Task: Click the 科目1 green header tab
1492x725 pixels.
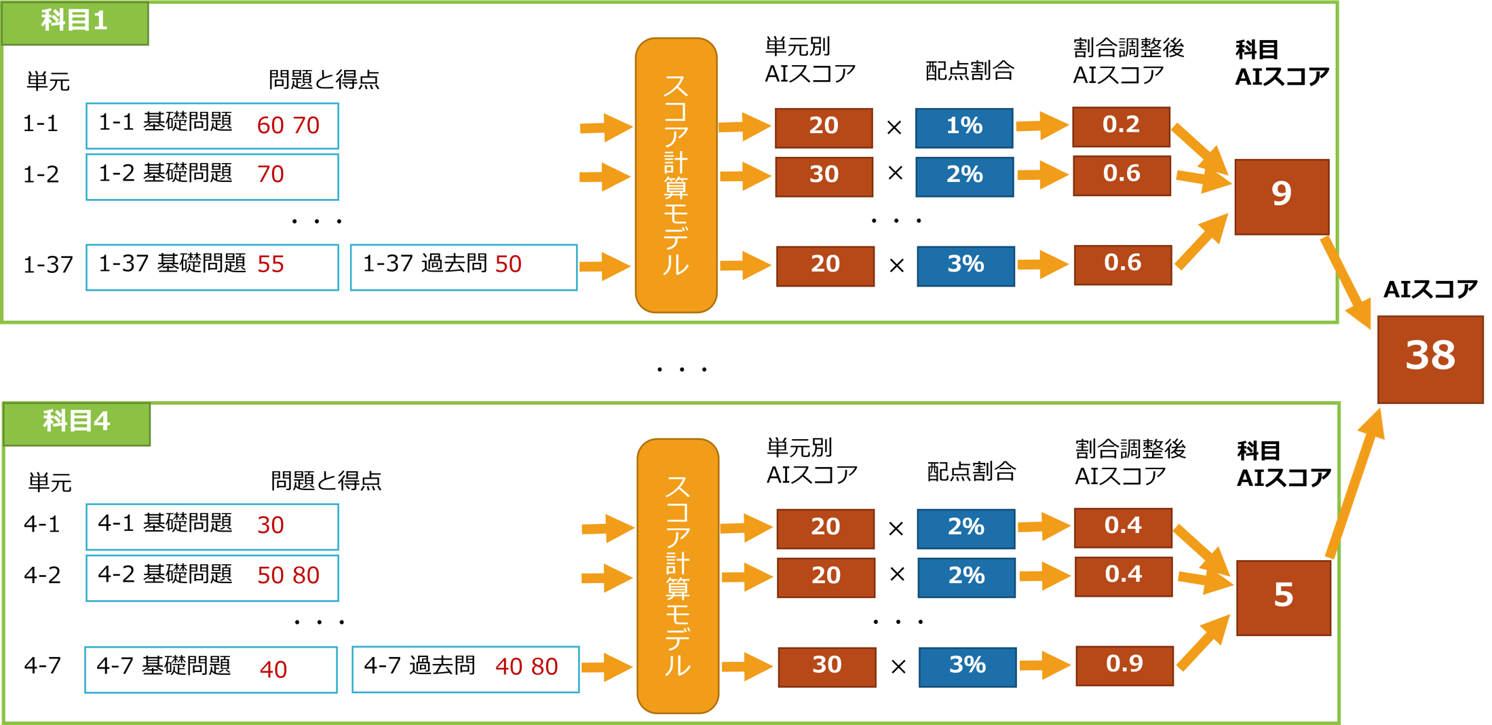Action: point(75,22)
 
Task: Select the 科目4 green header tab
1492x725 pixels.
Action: point(76,423)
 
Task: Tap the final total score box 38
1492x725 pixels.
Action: point(1430,358)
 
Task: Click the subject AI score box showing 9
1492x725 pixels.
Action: point(1281,196)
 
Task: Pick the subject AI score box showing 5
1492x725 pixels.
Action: point(1283,597)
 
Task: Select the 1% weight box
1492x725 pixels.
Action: point(963,128)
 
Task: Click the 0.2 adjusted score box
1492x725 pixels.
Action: point(1121,126)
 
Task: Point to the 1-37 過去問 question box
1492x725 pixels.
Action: point(463,267)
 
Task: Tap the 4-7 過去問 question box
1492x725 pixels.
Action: point(465,669)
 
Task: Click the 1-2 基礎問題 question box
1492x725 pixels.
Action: point(212,176)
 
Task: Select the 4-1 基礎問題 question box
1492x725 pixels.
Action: point(212,526)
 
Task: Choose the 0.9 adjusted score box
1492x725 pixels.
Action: point(1124,665)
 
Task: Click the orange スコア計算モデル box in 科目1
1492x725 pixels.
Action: point(676,175)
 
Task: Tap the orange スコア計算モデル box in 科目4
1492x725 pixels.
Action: point(677,576)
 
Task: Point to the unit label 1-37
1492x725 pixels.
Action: point(47,265)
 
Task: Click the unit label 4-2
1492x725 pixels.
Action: point(42,576)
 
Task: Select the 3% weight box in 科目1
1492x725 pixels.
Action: point(965,265)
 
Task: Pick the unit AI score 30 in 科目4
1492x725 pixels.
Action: point(826,667)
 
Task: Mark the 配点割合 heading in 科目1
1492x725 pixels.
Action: point(969,71)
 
